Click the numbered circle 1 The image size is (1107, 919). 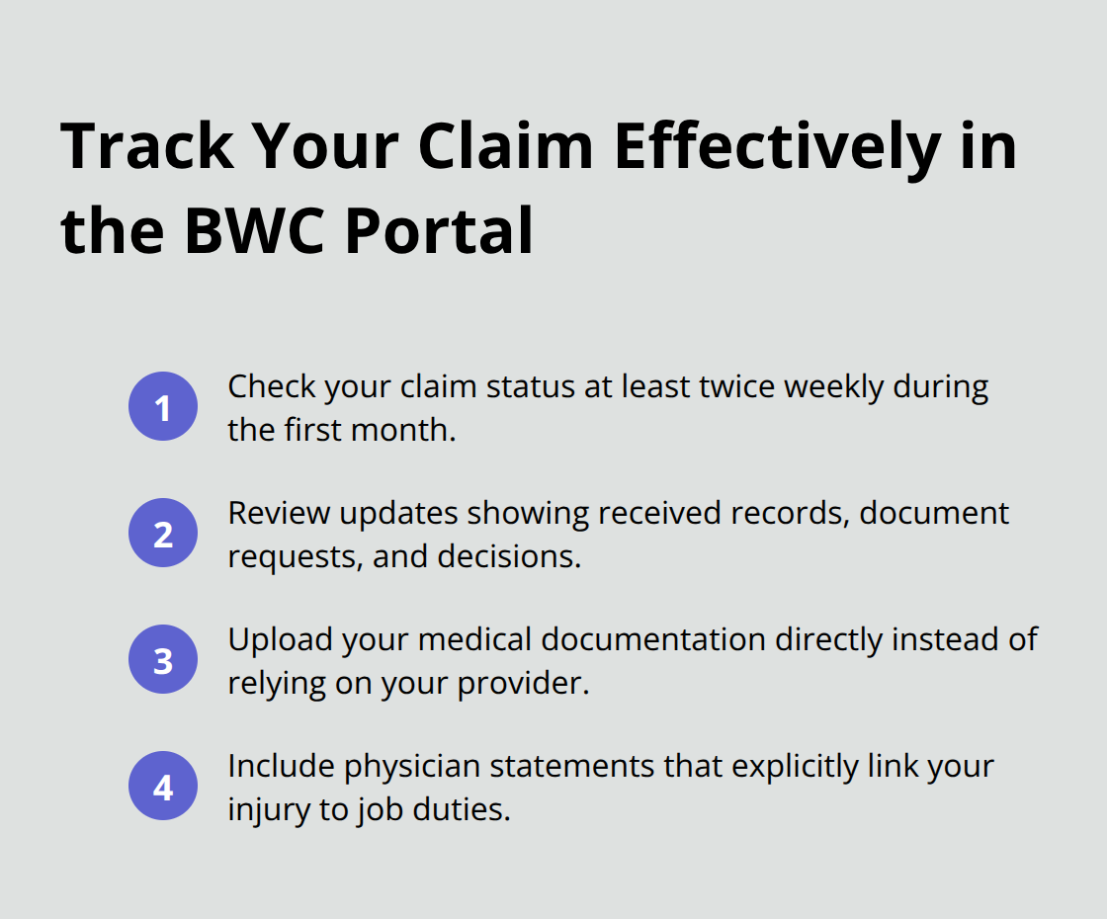(x=163, y=407)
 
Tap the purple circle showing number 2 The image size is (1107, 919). (x=163, y=534)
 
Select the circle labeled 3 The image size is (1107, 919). (x=163, y=660)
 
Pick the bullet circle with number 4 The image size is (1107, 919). (x=163, y=787)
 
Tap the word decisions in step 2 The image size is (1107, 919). (x=506, y=557)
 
